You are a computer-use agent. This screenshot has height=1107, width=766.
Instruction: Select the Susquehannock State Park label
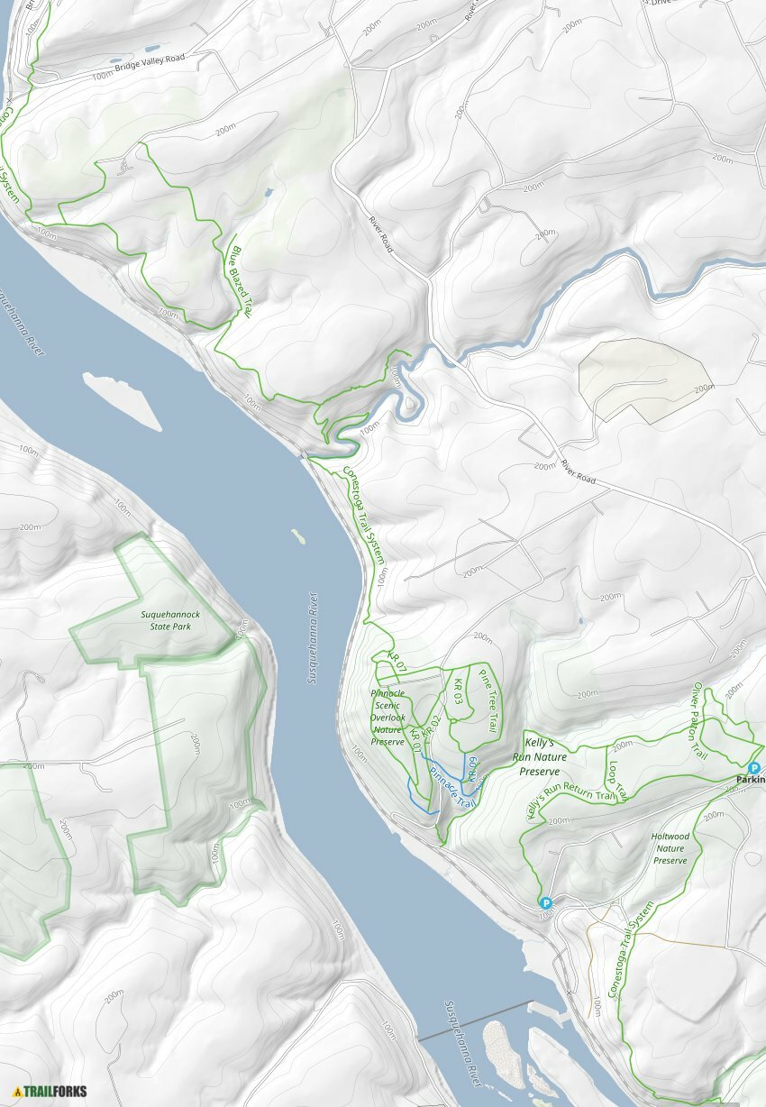(x=171, y=620)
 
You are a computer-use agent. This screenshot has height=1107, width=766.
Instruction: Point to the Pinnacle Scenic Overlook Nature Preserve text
(x=388, y=717)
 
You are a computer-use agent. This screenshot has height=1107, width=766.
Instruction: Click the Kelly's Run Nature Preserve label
(x=541, y=755)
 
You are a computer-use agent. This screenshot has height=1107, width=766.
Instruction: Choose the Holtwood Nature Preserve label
(x=670, y=848)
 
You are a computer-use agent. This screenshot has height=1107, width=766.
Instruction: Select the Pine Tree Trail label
(x=488, y=700)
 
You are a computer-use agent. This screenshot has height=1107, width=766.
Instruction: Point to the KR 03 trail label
(x=459, y=692)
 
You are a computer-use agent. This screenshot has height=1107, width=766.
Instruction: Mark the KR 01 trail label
(x=415, y=741)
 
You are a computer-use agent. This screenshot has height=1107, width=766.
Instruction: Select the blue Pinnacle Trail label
(x=451, y=786)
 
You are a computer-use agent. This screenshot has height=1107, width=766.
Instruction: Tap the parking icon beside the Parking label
(x=754, y=767)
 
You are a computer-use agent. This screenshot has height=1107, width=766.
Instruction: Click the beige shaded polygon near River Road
(x=643, y=379)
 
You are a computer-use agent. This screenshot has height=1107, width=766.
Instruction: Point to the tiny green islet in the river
(x=296, y=536)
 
